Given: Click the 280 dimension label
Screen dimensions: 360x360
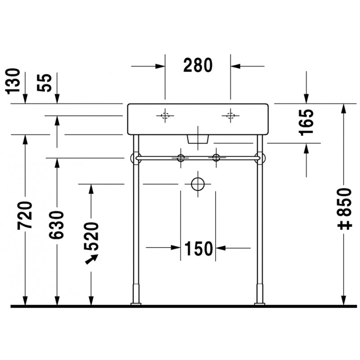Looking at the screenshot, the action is (198, 65).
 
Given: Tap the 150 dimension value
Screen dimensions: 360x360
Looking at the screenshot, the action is (198, 248).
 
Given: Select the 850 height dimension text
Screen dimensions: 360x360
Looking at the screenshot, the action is (345, 202).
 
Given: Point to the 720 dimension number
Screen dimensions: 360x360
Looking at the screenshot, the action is (25, 215).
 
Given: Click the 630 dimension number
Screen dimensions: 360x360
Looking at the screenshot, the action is (57, 225).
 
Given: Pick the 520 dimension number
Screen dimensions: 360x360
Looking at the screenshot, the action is (91, 236).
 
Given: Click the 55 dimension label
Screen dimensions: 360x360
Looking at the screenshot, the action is (45, 83).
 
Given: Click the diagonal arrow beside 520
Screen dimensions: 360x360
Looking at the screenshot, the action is (92, 260).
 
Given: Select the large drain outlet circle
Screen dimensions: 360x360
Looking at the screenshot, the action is (198, 184).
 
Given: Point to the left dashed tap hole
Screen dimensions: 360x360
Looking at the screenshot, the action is (165, 116).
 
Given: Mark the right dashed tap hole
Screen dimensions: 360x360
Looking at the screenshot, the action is (230, 116).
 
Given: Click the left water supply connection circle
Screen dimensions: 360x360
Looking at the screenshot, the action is (181, 158).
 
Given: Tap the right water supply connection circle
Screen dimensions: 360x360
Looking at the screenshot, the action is (216, 158).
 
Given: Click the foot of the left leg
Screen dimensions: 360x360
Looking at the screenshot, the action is (136, 305).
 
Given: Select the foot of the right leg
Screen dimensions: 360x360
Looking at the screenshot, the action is (260, 305).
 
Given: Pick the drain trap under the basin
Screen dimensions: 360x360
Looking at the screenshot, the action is (198, 139).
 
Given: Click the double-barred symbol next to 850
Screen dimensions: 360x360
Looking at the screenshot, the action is (345, 225).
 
